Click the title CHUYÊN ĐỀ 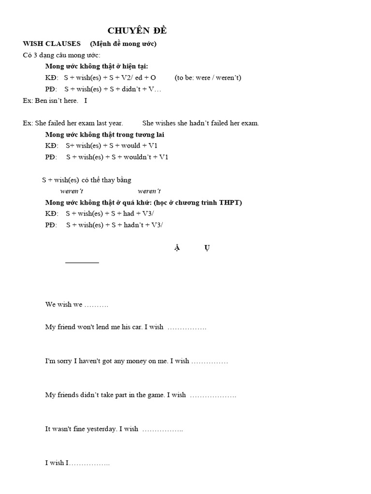click(137, 31)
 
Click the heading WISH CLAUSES click(52, 44)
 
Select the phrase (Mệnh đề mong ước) click(123, 44)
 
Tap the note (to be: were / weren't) click(208, 78)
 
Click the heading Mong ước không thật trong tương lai click(105, 135)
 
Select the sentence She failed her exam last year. click(79, 123)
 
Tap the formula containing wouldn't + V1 click(117, 157)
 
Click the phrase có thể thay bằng click(106, 180)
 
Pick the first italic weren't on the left click(71, 192)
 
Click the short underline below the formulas click(82, 262)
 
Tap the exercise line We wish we click(76, 305)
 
